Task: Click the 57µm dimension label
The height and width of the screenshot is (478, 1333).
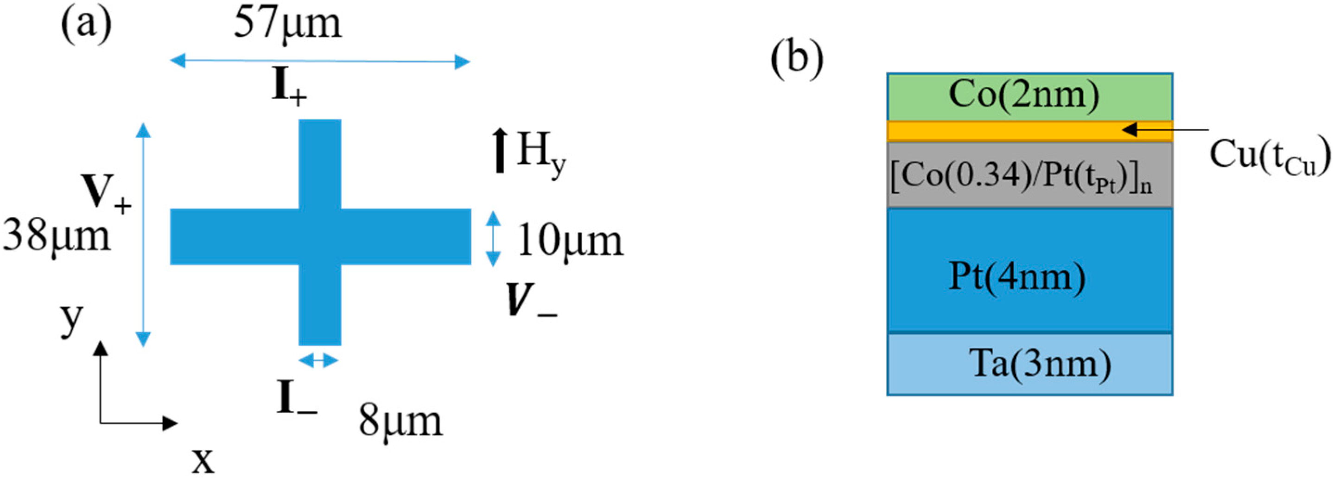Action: (288, 25)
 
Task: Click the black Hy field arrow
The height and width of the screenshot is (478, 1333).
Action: (499, 151)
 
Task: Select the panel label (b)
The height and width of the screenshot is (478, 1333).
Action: (796, 59)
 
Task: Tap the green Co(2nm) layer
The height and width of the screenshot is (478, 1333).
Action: (1030, 97)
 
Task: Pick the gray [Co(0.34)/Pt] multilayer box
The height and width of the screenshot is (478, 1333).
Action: (1030, 174)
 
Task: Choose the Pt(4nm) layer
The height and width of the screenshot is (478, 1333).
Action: (1030, 269)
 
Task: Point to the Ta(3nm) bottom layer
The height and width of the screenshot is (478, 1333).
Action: (1030, 364)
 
